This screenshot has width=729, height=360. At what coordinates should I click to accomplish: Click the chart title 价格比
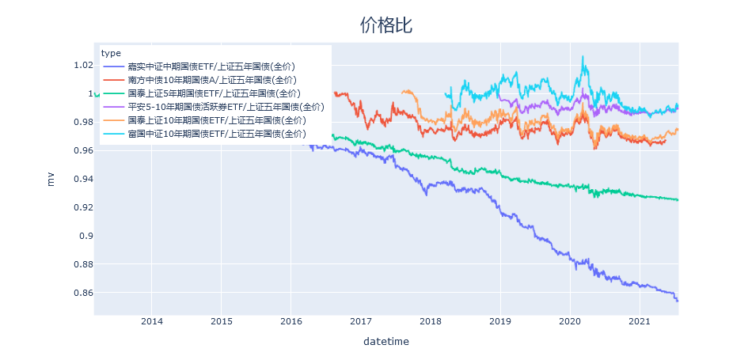point(385,25)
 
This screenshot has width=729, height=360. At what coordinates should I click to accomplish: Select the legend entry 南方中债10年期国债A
point(211,80)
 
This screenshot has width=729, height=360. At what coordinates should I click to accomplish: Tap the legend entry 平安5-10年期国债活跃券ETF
point(226,107)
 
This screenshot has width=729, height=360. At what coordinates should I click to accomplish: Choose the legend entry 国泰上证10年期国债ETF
point(216,120)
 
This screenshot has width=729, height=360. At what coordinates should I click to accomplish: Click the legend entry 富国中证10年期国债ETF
point(216,134)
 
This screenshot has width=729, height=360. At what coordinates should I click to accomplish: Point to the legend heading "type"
point(111,53)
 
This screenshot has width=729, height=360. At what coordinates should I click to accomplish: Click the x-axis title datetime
point(385,342)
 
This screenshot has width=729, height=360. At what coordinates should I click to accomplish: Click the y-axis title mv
point(51,180)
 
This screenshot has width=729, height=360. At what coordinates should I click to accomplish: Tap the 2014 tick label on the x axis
point(151,321)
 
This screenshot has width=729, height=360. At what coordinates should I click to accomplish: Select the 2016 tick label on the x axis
point(291,321)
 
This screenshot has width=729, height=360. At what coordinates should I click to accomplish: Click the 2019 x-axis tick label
point(500,321)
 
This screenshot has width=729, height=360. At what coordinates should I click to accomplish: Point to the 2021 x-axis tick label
point(640,321)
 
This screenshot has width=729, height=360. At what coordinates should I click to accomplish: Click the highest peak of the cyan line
point(583,57)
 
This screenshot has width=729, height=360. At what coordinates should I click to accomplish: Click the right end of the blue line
point(678,301)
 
